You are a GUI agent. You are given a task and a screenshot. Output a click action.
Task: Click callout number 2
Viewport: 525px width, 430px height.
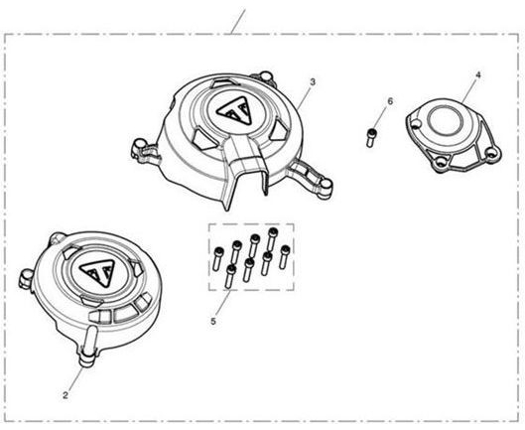tap(66, 395)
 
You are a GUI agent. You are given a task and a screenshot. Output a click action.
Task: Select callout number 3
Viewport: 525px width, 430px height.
tap(313, 81)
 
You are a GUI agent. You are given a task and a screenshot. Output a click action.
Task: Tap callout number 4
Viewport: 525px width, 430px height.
tap(478, 75)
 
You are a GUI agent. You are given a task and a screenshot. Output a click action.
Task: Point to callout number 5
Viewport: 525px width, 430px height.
tap(213, 321)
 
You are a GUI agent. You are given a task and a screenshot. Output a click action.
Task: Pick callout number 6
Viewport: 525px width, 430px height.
tap(390, 101)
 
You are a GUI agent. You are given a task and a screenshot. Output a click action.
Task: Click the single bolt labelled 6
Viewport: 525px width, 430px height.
tap(370, 137)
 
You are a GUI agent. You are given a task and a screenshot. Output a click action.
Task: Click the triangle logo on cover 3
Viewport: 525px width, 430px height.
tap(233, 111)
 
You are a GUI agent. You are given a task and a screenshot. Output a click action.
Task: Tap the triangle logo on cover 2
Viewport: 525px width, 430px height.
tap(97, 272)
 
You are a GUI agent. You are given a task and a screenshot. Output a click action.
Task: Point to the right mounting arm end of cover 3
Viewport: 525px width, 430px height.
tap(325, 186)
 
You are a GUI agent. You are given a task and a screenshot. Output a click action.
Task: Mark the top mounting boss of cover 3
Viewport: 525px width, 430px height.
tap(265, 76)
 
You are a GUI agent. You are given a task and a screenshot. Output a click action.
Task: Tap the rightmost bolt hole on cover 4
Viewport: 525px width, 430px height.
tap(490, 153)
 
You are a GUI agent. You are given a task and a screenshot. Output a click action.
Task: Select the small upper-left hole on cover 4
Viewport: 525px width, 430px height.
tap(416, 125)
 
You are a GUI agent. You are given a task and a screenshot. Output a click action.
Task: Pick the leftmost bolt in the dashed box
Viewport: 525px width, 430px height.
tap(218, 258)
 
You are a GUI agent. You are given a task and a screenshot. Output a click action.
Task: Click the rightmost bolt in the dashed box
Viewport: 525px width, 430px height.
tap(284, 256)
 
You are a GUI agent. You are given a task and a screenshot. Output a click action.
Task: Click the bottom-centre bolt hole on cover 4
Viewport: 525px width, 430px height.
tap(441, 162)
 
